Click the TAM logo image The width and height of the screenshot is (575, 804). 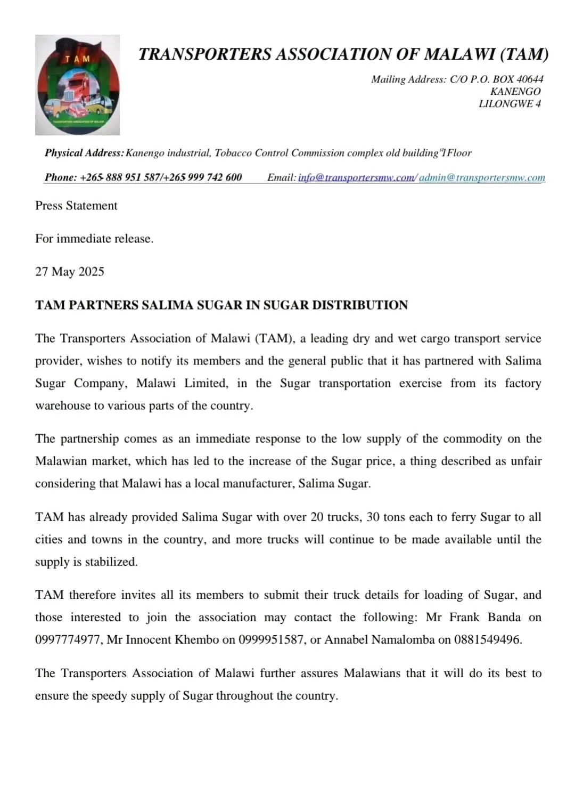click(78, 85)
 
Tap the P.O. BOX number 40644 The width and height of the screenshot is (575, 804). click(530, 79)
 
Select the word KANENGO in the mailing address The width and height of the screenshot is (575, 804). click(515, 92)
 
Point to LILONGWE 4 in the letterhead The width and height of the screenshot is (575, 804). click(510, 104)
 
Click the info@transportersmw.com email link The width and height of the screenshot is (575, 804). click(356, 177)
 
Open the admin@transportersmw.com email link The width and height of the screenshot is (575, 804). click(482, 177)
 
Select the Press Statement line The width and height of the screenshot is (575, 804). click(76, 206)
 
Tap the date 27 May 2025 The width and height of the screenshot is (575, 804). click(70, 272)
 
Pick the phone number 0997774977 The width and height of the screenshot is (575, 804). click(68, 640)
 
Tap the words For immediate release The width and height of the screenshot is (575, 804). click(94, 239)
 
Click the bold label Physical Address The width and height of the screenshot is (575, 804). click(84, 153)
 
